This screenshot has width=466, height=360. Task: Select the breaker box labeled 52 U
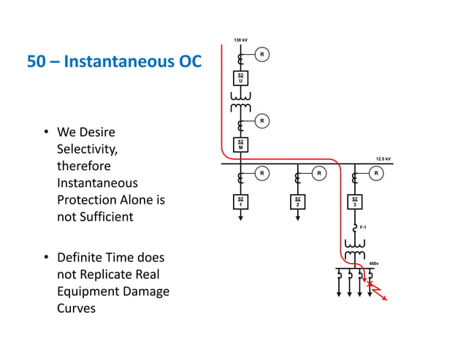pyautogui.click(x=240, y=78)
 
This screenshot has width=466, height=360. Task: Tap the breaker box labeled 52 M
pyautogui.click(x=240, y=144)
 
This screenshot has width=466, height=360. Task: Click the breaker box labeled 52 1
pyautogui.click(x=240, y=202)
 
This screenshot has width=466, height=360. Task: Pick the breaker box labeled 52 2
pyautogui.click(x=297, y=202)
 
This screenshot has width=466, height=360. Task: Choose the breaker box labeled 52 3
pyautogui.click(x=354, y=202)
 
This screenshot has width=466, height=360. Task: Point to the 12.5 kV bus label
pyautogui.click(x=383, y=158)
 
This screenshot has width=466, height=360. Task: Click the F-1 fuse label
pyautogui.click(x=364, y=228)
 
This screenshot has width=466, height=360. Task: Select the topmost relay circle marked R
pyautogui.click(x=262, y=54)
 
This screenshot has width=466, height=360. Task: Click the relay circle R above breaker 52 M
pyautogui.click(x=262, y=120)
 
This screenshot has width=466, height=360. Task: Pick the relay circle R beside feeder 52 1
pyautogui.click(x=262, y=174)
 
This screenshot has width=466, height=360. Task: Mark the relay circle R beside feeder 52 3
pyautogui.click(x=375, y=174)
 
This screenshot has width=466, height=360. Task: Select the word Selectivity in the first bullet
pyautogui.click(x=85, y=150)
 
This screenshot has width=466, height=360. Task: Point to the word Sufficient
pyautogui.click(x=105, y=217)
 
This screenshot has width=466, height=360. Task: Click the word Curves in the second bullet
pyautogui.click(x=76, y=308)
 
